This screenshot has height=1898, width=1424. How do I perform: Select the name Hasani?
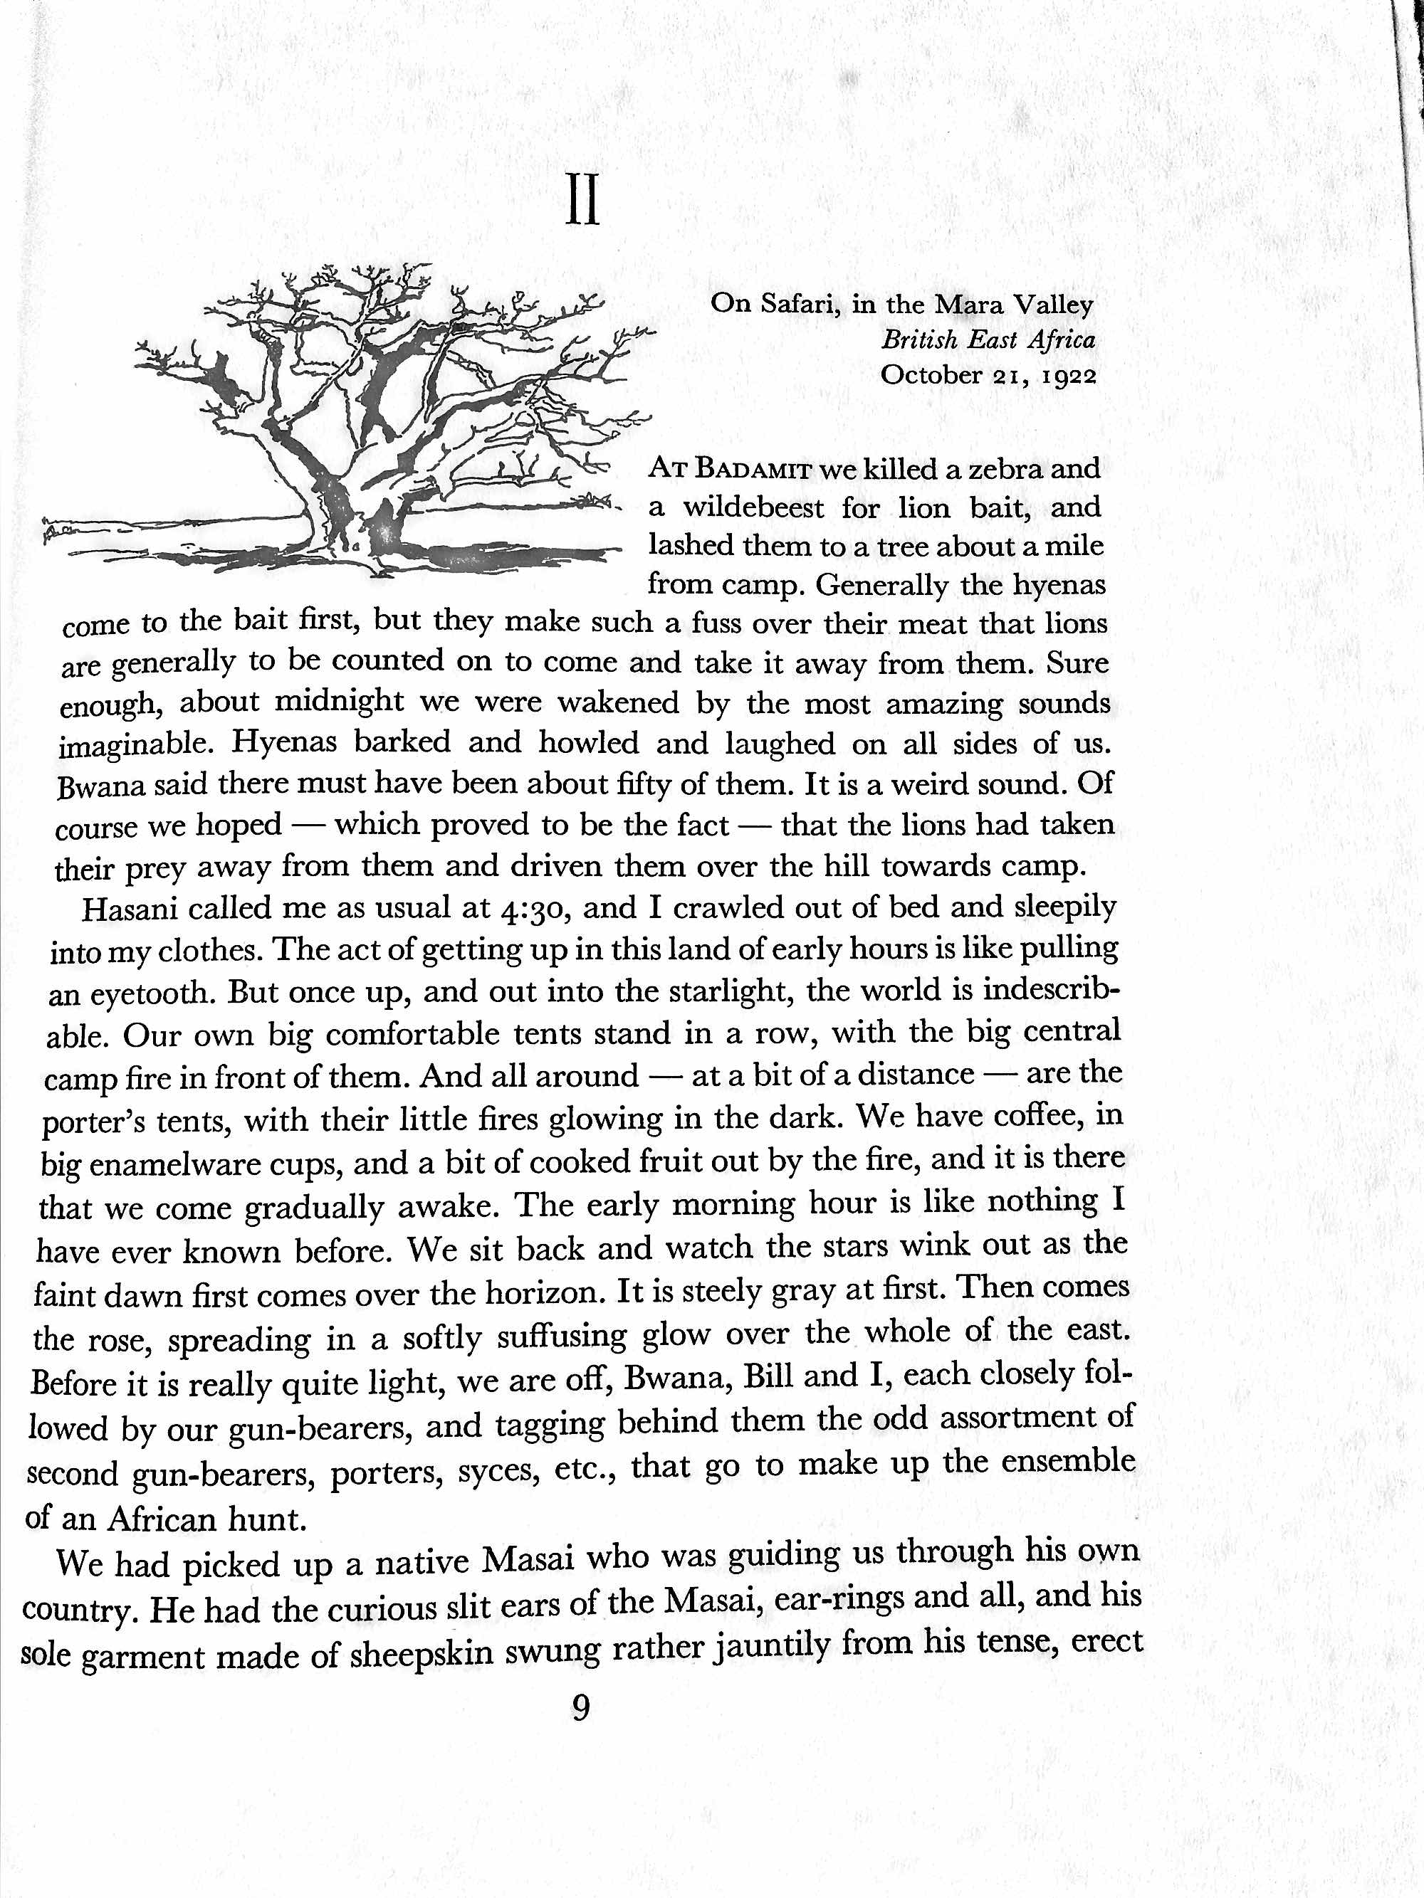[x=132, y=910]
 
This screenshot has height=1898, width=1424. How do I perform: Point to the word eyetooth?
[x=154, y=994]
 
